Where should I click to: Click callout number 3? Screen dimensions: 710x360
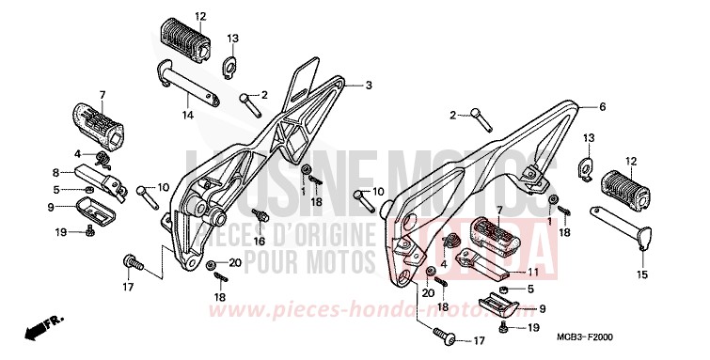369,85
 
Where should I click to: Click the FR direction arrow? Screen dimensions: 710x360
39,329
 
